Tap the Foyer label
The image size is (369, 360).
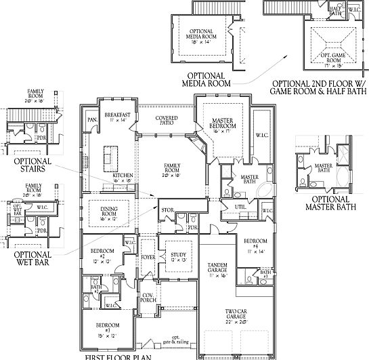click(x=148, y=257)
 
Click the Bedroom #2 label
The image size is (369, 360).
click(x=102, y=255)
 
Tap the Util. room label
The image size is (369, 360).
click(x=240, y=206)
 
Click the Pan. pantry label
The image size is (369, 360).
click(x=91, y=121)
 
